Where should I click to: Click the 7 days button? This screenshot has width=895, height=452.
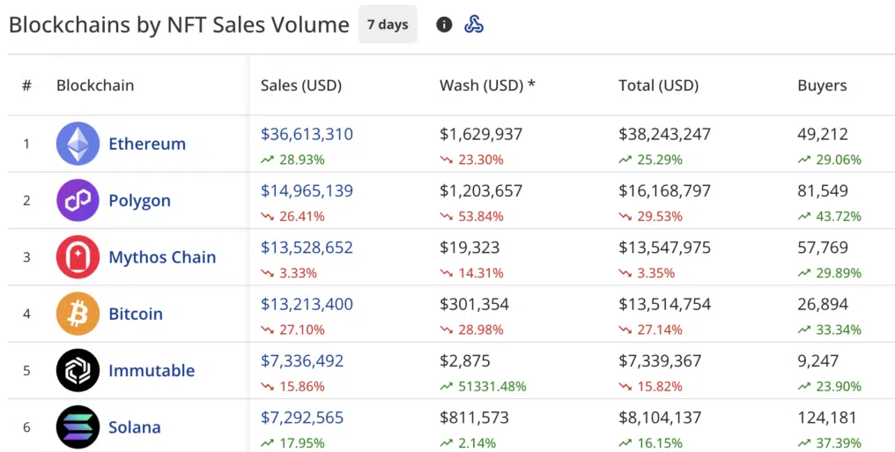point(388,25)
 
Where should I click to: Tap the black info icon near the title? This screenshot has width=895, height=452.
point(444,25)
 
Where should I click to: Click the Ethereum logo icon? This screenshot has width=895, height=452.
point(78,144)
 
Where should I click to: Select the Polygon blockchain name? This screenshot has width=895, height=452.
point(139,200)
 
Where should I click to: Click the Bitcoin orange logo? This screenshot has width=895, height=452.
point(78,314)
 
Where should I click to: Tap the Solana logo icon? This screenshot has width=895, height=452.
point(78,427)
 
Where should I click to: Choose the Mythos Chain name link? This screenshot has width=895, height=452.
point(162,257)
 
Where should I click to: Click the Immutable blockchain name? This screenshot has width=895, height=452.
point(152,371)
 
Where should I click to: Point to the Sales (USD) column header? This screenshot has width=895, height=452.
point(301,85)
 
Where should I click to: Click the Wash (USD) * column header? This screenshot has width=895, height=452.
point(487,85)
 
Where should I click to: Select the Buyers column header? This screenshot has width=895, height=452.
point(822,85)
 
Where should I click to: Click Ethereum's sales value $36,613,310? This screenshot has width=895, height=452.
point(307,134)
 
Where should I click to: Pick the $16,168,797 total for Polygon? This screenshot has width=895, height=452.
point(664,190)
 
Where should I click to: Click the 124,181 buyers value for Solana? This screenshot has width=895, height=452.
point(827,418)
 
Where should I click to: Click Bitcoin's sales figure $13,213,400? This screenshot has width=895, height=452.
point(307,304)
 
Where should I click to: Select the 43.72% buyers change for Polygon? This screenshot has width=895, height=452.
point(838,216)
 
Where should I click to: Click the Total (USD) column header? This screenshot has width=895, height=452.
point(658,85)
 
